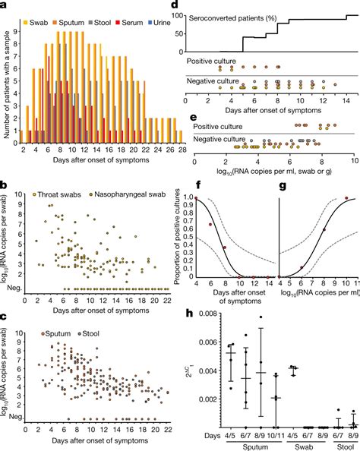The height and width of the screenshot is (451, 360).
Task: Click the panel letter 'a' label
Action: pyautogui.click(x=5, y=5)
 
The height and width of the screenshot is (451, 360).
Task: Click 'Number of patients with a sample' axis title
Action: pyautogui.click(x=8, y=79)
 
